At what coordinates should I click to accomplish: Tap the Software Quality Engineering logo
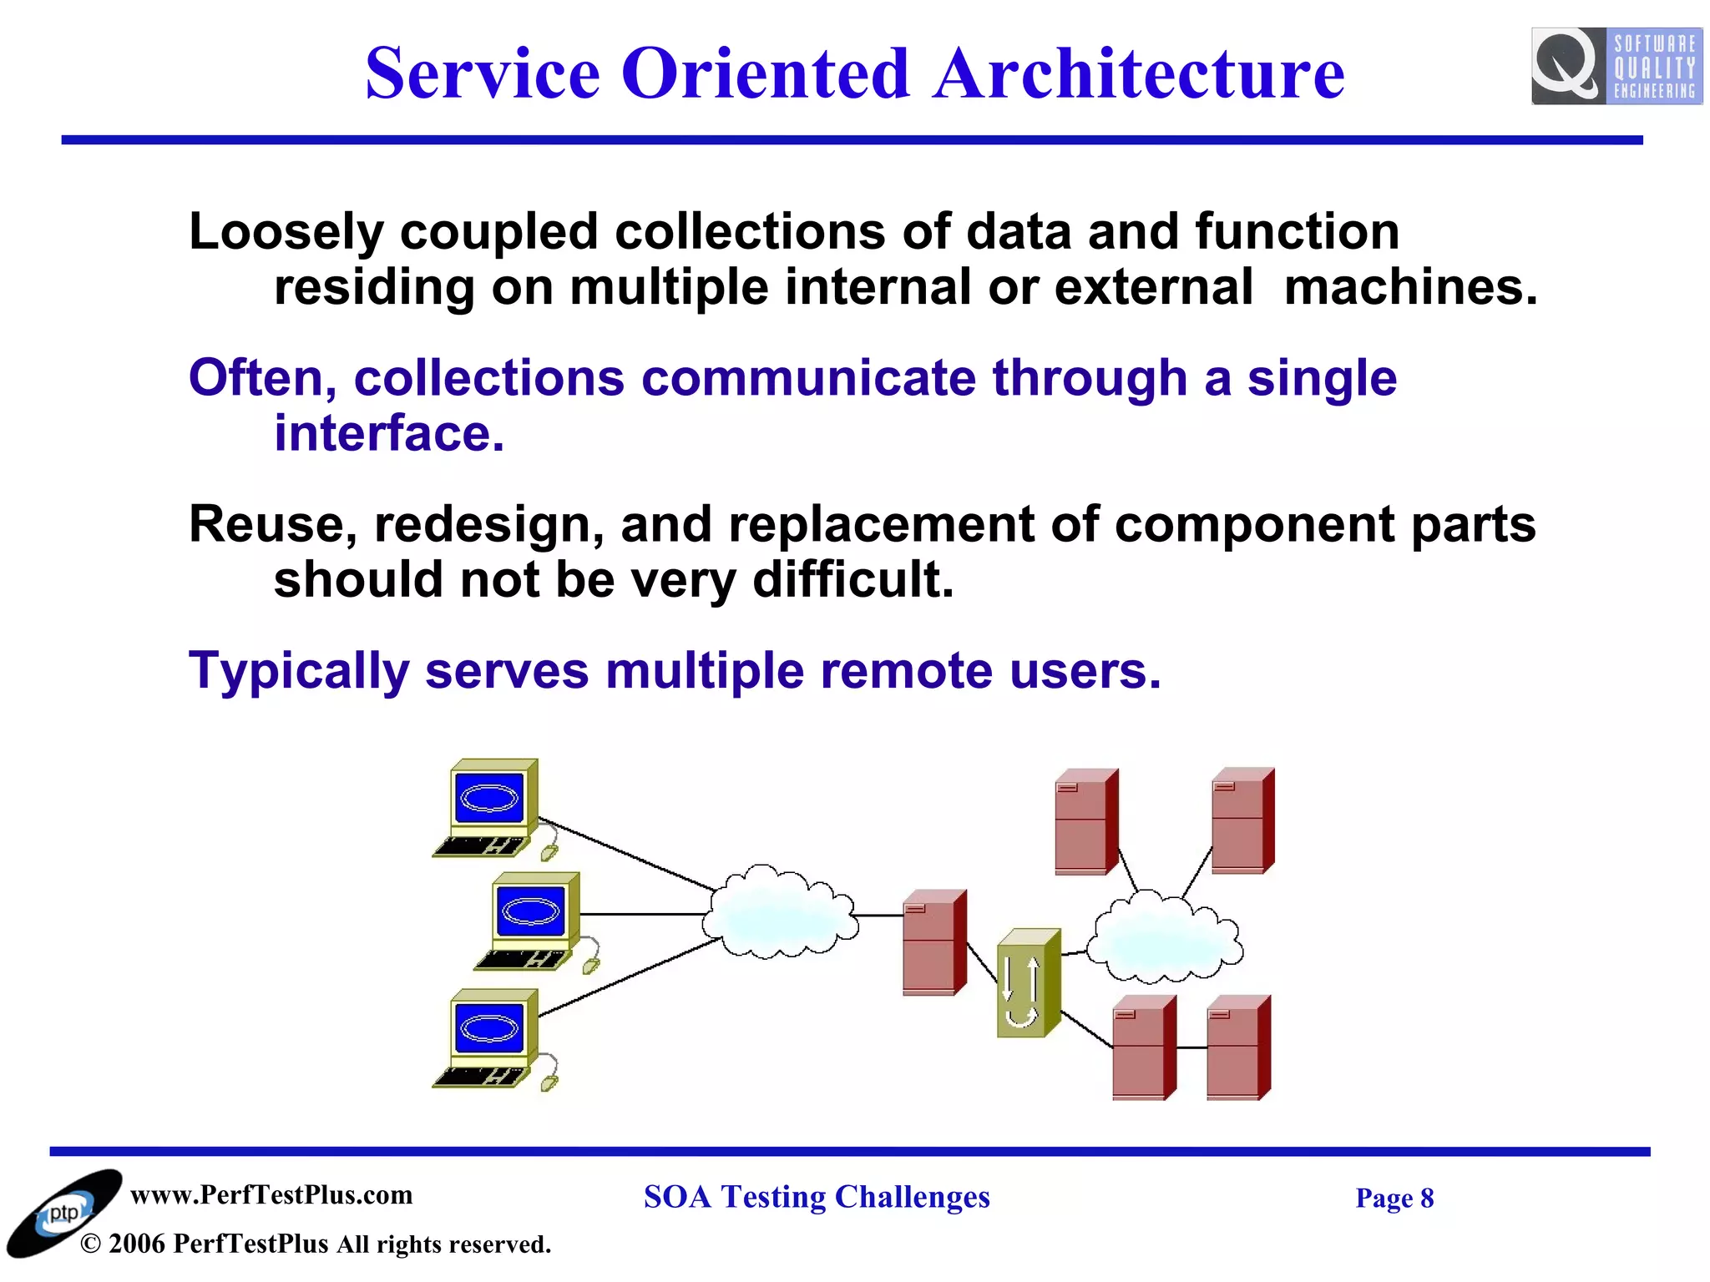[x=1616, y=66]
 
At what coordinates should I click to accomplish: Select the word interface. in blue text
[x=389, y=434]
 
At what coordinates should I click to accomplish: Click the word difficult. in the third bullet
[x=852, y=580]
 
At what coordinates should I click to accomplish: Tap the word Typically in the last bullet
[x=298, y=671]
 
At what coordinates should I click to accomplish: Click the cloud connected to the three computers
[x=779, y=914]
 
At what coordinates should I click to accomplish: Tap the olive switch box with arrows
[x=1028, y=983]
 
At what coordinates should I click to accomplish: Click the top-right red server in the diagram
[x=1242, y=820]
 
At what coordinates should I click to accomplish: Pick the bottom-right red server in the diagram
[x=1238, y=1047]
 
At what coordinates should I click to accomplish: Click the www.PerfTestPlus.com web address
[x=271, y=1195]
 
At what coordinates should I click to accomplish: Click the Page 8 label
[x=1394, y=1199]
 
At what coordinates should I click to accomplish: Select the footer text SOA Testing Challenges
[x=817, y=1197]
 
